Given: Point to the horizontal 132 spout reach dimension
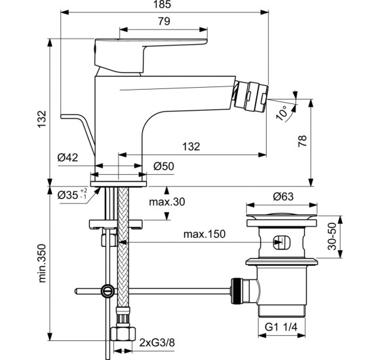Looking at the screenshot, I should (191, 147).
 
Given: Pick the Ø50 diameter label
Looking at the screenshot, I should (163, 167).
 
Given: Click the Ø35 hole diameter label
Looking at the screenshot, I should (69, 195).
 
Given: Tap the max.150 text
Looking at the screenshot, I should (204, 234).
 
